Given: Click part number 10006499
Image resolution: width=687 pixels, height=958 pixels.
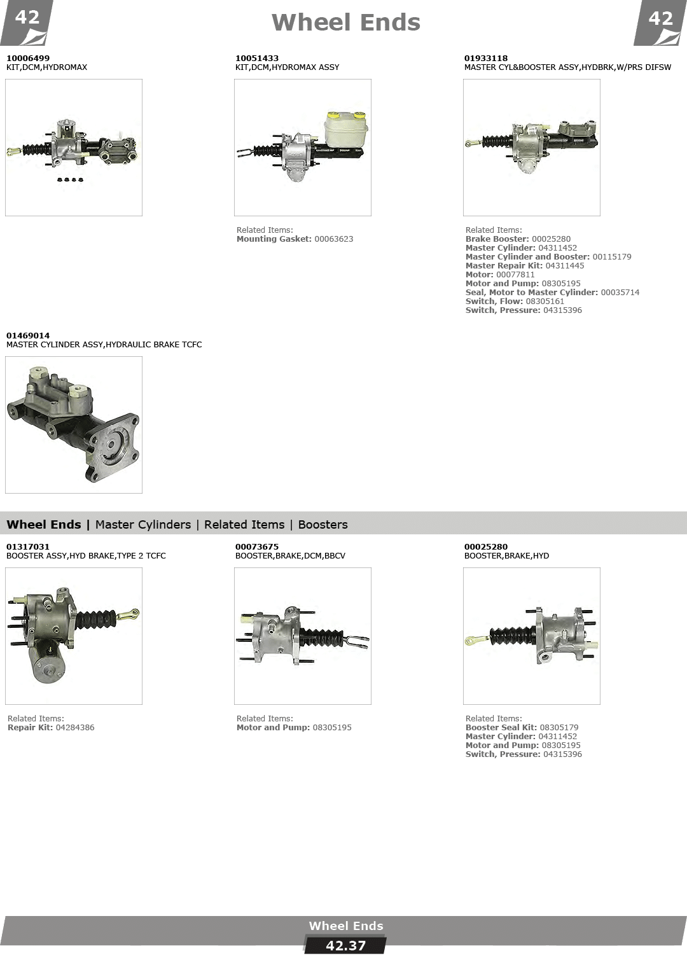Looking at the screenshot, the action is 28,58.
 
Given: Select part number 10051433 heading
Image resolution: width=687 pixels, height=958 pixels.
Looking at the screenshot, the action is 256,58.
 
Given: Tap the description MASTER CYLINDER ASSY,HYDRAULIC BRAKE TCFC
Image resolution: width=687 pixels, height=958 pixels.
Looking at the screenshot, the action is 104,345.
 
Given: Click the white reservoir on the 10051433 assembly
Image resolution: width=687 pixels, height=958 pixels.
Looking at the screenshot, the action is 346,128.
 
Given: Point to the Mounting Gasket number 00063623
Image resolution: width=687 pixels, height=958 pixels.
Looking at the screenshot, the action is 334,239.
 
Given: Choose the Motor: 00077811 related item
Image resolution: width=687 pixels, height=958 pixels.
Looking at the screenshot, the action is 500,275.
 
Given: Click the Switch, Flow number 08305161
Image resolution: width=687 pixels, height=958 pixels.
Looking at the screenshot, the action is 545,301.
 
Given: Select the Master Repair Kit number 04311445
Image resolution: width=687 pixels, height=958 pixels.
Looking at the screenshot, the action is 565,266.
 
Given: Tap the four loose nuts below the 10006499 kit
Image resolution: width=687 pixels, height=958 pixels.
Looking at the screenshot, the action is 70,179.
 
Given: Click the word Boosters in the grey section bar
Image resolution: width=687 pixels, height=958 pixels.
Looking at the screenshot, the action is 323,524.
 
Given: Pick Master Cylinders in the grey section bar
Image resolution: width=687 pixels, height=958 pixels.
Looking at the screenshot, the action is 143,524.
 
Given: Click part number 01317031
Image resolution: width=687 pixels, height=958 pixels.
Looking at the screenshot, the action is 28,546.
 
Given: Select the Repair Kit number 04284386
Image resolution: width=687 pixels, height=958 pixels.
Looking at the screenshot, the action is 75,728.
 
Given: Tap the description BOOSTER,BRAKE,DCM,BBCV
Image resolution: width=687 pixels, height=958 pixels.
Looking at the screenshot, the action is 290,556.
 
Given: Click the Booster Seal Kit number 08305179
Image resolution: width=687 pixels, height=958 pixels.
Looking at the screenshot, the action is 559,728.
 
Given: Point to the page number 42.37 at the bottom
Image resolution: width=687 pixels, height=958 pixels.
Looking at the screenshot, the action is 345,945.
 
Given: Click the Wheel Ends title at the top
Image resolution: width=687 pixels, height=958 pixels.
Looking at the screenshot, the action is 346,22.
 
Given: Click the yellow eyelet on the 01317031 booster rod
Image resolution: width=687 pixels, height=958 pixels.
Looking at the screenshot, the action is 132,614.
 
